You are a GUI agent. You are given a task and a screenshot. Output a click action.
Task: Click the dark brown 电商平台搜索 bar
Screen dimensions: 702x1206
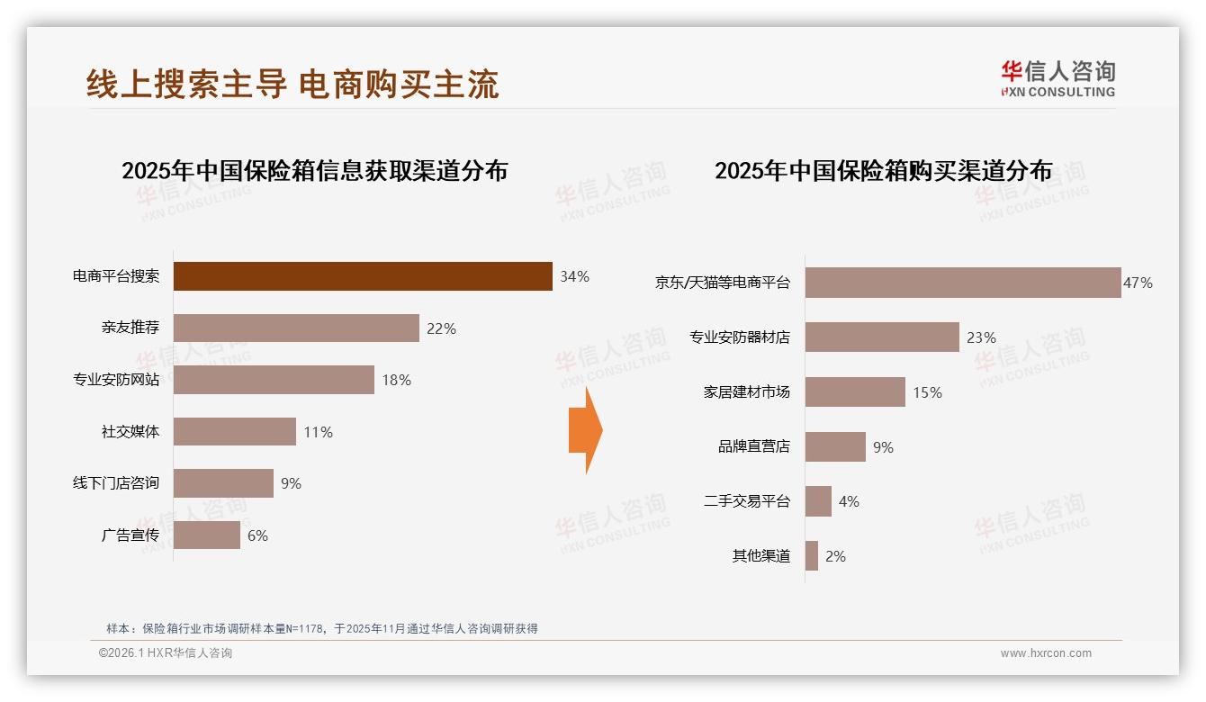click(362, 276)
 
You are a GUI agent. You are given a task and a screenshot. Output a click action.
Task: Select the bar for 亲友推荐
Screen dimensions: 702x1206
click(296, 328)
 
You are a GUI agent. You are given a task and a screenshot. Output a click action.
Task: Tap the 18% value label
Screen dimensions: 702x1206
click(396, 380)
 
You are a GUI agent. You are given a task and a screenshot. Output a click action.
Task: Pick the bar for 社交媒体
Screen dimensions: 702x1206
click(234, 431)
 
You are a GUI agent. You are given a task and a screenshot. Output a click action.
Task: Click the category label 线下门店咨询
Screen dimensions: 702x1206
click(116, 483)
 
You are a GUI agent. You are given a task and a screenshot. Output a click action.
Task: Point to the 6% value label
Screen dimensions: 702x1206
click(257, 535)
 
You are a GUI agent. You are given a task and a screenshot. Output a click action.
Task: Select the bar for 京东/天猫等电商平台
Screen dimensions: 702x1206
click(962, 283)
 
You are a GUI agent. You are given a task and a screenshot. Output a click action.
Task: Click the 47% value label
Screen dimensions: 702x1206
click(1138, 283)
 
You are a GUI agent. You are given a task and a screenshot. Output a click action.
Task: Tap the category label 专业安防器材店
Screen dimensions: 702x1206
click(740, 337)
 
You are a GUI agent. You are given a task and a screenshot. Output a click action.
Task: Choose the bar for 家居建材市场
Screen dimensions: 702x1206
click(855, 392)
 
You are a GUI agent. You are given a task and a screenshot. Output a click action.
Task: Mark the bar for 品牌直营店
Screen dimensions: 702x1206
click(835, 447)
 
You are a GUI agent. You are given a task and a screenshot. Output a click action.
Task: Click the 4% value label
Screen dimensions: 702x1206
click(849, 501)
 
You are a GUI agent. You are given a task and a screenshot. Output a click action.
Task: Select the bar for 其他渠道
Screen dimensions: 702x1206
click(812, 556)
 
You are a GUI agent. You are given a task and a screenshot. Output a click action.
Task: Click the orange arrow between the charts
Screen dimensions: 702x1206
click(585, 430)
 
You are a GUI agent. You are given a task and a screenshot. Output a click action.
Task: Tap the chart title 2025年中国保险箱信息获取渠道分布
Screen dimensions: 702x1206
click(315, 171)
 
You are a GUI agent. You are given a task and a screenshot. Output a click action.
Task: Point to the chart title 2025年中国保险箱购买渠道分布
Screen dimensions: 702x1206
click(883, 171)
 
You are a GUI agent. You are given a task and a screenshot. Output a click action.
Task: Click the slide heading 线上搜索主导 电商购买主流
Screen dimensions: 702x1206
click(292, 84)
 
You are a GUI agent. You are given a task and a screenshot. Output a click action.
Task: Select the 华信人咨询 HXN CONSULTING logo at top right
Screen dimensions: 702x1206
click(1057, 79)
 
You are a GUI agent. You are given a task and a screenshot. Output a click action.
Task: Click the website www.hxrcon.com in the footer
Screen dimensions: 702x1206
click(1046, 653)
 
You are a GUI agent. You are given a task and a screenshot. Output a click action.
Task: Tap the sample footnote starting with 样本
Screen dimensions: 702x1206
click(322, 628)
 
